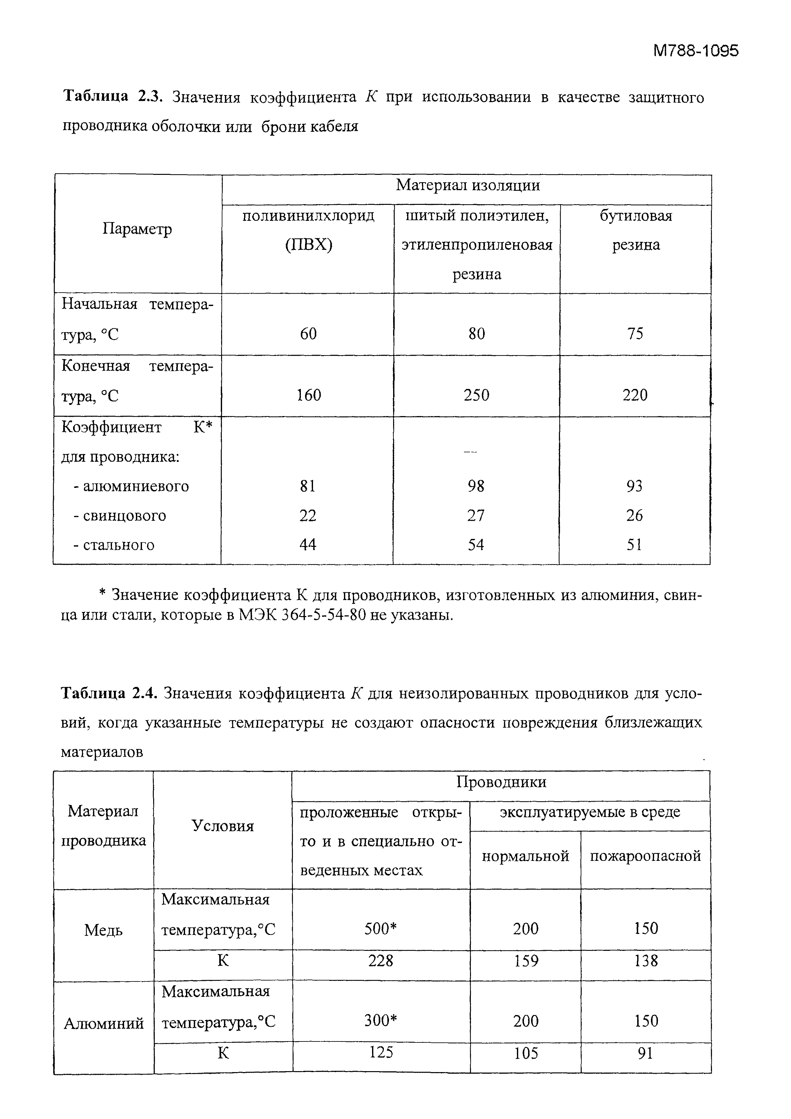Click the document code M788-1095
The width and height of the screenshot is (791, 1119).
click(696, 51)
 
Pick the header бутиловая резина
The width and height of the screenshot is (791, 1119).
click(636, 230)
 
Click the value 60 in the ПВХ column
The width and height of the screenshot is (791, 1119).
click(308, 333)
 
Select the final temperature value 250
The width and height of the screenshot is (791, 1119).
click(476, 395)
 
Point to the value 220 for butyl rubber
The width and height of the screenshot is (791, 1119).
click(635, 395)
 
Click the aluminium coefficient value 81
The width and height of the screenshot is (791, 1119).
click(308, 486)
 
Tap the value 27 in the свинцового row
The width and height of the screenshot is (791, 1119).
click(476, 515)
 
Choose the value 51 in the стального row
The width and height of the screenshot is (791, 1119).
click(635, 544)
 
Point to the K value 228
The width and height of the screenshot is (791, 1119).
click(381, 961)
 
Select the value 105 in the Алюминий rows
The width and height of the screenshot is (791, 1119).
click(526, 1054)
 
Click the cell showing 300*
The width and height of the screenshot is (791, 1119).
click(381, 1020)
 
